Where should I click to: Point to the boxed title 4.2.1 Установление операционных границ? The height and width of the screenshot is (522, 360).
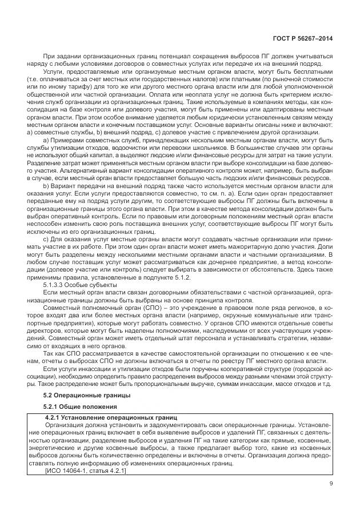click(x=112, y=418)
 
